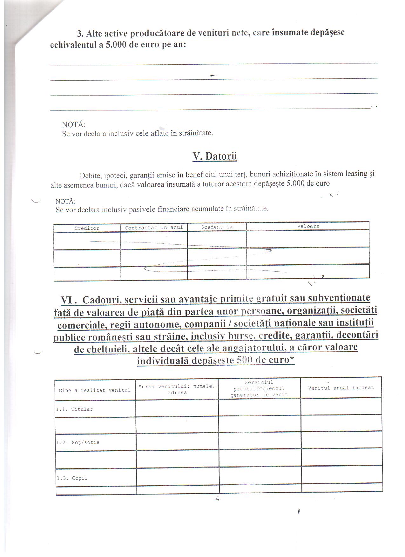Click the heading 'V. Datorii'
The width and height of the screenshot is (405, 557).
[x=215, y=156]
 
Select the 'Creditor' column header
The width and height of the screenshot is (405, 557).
[x=87, y=228]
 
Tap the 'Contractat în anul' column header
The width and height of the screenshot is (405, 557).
[x=154, y=228]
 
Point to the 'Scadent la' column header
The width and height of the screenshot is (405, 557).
[x=217, y=227]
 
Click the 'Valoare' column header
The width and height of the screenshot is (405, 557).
[x=308, y=226]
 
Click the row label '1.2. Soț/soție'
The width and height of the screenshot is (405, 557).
[x=78, y=442]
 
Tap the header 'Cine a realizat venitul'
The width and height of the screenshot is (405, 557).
[x=95, y=390]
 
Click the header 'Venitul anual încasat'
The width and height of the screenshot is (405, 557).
[x=341, y=388]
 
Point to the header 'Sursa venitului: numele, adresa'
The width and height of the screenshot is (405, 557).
[x=177, y=389]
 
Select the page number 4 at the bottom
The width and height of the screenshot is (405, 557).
[x=217, y=499]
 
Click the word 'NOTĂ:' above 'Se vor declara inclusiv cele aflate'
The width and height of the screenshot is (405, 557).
[x=74, y=124]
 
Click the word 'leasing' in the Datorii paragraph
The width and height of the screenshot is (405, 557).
[x=354, y=174]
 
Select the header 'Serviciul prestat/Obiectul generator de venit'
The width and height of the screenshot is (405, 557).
[x=259, y=388]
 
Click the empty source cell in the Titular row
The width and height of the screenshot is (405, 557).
[x=177, y=408]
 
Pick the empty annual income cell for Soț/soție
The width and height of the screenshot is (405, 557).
[x=341, y=440]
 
